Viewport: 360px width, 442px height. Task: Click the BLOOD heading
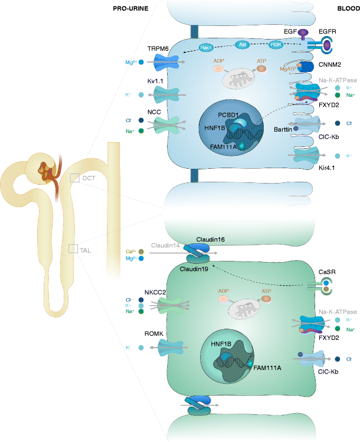pos(348,9)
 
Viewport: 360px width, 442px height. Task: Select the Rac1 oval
pos(205,47)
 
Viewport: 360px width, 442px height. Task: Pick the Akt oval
pos(243,44)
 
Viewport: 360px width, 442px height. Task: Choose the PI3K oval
pos(276,44)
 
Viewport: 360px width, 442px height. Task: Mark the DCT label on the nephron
pos(89,177)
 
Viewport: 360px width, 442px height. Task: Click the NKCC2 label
pos(155,292)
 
